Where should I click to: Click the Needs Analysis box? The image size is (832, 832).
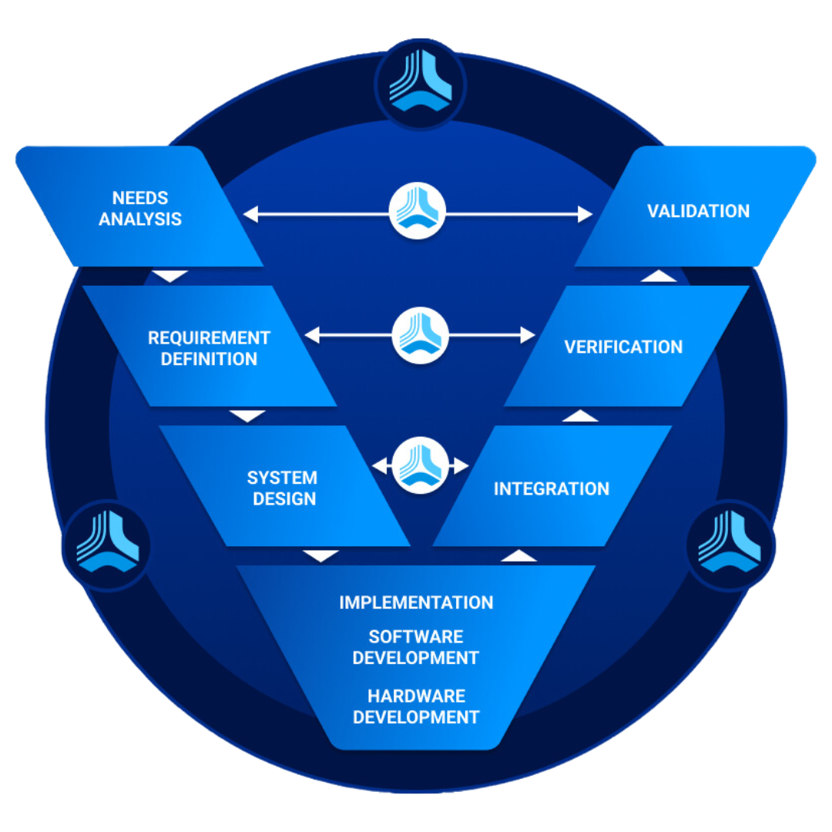point(140,206)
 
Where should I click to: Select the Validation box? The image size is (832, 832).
point(696,206)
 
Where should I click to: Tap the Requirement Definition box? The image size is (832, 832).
point(209,346)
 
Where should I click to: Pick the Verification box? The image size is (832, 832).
point(626,346)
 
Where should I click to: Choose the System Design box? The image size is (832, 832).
point(284,486)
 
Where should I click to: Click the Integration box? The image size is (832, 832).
point(552,486)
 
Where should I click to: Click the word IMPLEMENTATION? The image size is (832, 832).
point(416,602)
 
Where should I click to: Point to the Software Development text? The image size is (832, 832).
point(416,647)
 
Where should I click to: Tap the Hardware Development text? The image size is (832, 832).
point(416,706)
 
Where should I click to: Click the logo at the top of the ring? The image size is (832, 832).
point(421,83)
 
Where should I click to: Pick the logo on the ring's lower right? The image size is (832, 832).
point(730,545)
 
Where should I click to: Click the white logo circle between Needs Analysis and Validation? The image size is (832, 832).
point(417,210)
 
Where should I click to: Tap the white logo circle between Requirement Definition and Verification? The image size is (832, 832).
point(421,335)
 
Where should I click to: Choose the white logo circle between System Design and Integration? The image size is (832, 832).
point(421,465)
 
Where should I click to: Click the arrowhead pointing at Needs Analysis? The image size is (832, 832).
point(250,214)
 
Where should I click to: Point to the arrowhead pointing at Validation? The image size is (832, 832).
point(585,214)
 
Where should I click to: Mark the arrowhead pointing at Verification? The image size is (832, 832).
point(528,335)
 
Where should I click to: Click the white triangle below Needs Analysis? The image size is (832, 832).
point(169,276)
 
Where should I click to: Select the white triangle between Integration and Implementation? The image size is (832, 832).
point(518,555)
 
